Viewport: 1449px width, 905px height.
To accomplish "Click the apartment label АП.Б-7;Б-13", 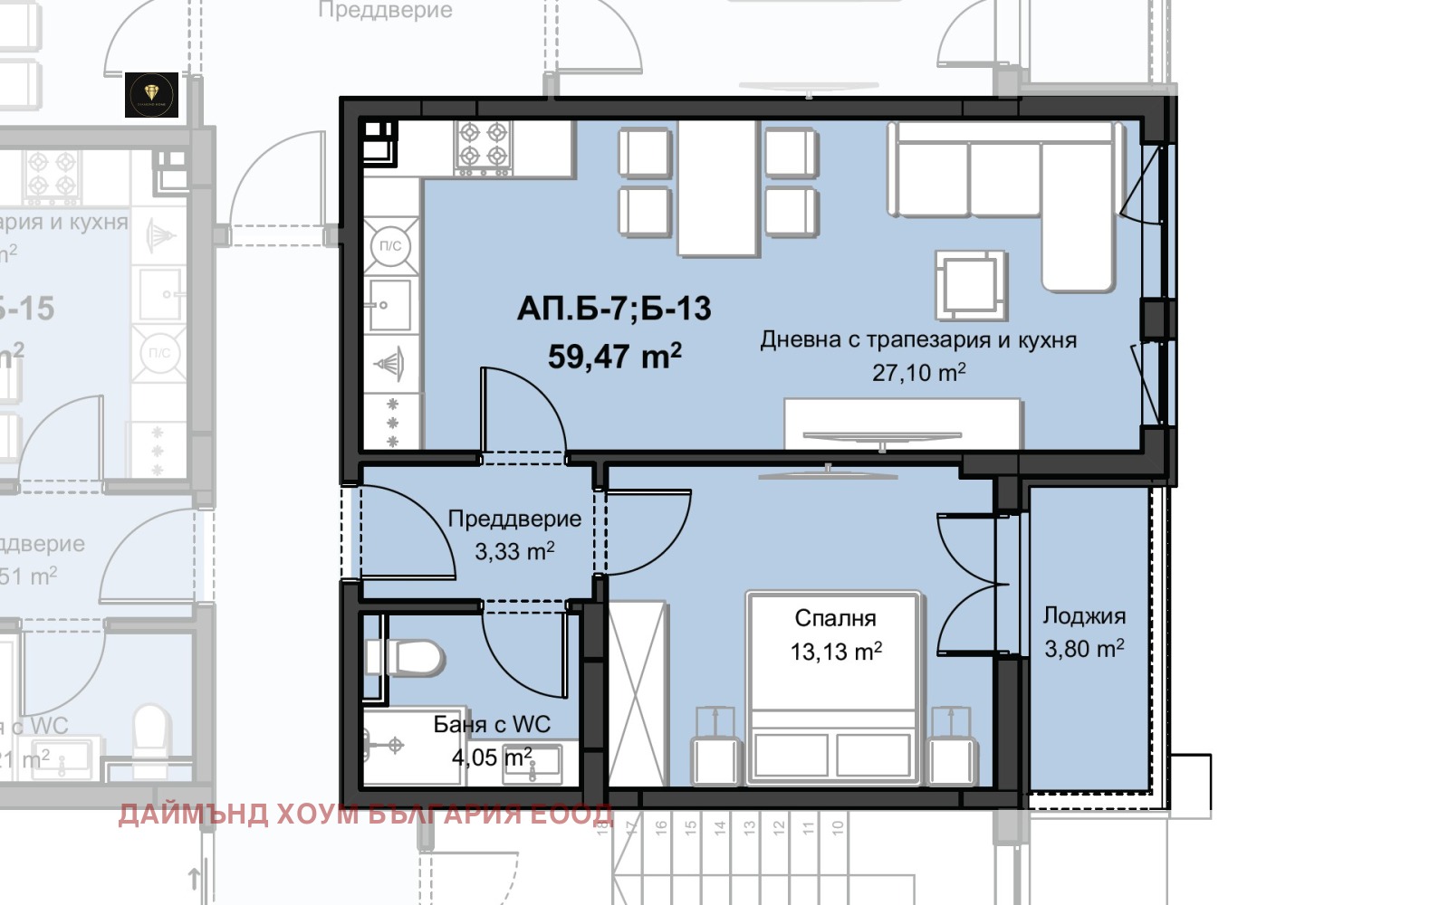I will point(614,310).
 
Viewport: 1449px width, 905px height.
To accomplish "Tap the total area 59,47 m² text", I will point(614,357).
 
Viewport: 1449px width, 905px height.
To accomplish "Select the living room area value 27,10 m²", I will point(918,372).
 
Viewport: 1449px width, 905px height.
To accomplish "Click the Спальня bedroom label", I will point(835,618).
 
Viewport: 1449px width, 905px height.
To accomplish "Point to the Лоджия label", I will point(1084,616).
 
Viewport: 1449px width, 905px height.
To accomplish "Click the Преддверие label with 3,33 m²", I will point(514,519).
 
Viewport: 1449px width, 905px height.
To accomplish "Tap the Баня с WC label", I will point(492,724).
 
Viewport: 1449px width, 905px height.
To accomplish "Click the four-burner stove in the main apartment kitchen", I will point(483,148).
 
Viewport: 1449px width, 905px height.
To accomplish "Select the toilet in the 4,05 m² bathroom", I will point(407,658).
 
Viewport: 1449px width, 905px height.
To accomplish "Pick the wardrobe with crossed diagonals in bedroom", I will point(637,692).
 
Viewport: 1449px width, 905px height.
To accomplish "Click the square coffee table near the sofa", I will point(970,284).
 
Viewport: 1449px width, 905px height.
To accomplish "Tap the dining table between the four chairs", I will point(718,187).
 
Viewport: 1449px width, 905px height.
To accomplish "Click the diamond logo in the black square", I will point(151,95).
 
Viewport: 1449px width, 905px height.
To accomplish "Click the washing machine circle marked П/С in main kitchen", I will point(391,246).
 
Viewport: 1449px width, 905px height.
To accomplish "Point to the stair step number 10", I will point(838,825).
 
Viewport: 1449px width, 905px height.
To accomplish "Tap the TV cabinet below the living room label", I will point(902,424).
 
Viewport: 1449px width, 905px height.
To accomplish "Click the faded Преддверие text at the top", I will point(386,11).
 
